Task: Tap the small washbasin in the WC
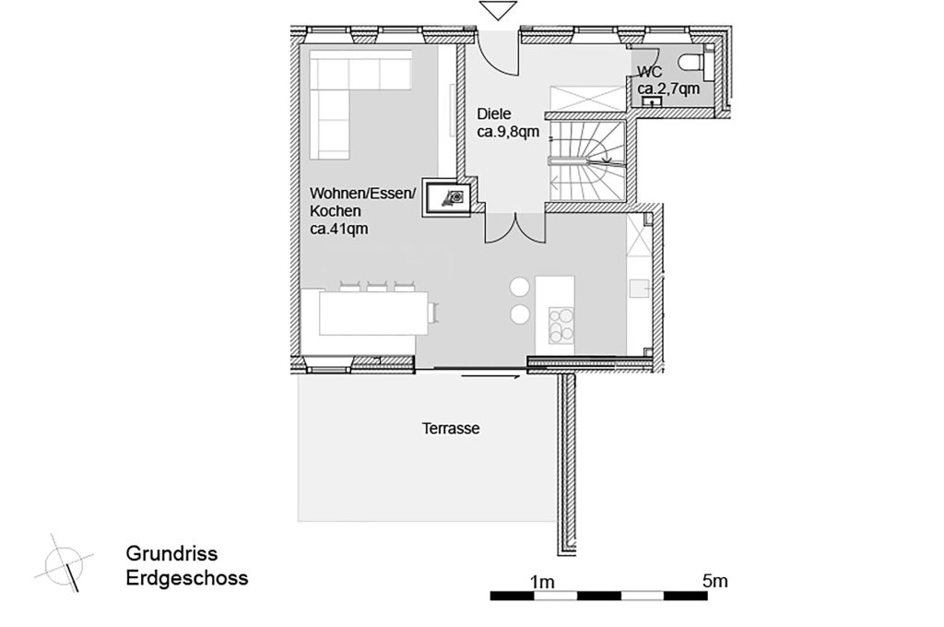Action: pos(655,102)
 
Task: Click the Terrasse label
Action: pos(451,429)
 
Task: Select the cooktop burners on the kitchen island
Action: pos(560,325)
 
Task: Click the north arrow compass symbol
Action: pos(64,560)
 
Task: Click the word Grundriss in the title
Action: pos(171,554)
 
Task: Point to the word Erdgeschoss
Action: pos(186,579)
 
